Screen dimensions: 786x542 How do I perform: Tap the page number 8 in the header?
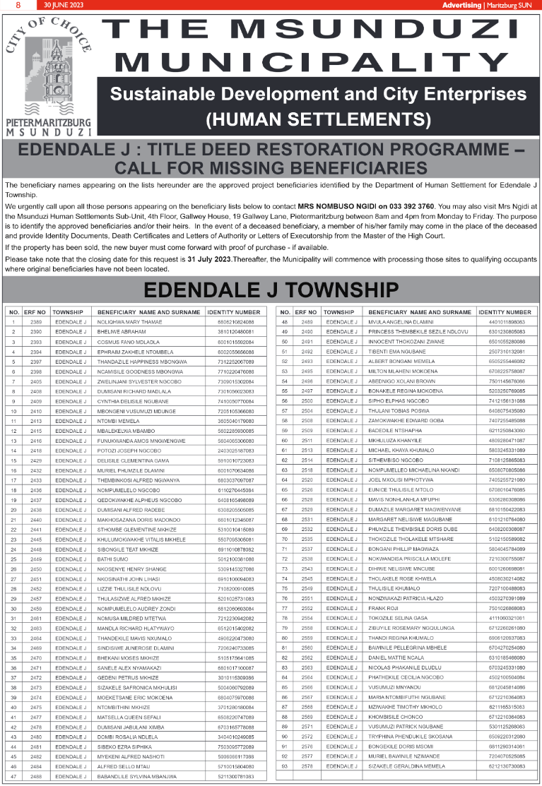point(18,5)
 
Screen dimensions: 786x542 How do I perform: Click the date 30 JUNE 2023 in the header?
point(62,5)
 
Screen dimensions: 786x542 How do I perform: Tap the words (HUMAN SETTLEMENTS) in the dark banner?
point(318,118)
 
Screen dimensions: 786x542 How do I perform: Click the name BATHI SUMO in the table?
point(112,559)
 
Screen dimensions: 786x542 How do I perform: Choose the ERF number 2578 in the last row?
point(307,766)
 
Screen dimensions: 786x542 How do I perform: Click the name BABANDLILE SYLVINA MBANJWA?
point(139,775)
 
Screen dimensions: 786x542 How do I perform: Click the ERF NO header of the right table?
point(307,311)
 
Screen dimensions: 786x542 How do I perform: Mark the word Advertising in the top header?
point(461,5)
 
